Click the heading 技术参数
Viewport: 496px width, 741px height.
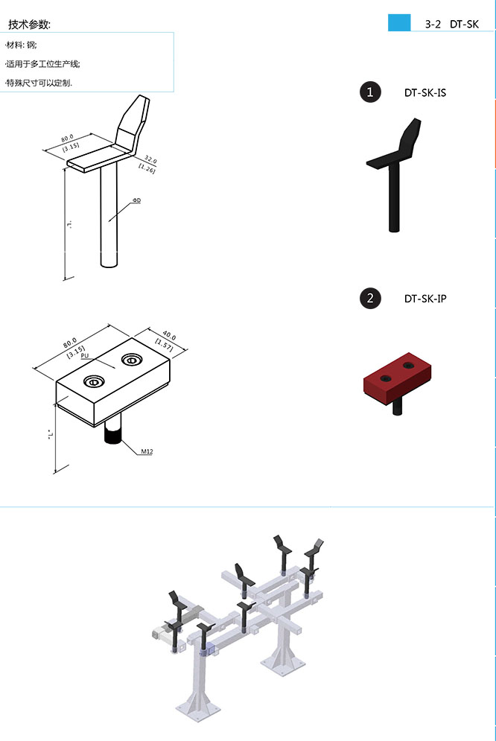click(29, 25)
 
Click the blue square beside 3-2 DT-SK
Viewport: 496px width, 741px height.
click(399, 22)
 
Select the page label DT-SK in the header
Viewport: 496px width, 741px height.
click(464, 24)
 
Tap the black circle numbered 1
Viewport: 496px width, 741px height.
click(370, 92)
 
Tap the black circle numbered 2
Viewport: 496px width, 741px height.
click(370, 298)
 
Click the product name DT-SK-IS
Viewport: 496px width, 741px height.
click(425, 92)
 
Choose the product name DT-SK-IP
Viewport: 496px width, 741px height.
click(425, 299)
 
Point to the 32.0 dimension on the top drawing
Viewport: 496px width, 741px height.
click(150, 159)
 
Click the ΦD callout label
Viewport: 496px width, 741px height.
click(136, 200)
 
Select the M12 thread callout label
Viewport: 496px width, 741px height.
click(147, 451)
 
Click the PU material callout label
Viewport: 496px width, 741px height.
click(85, 355)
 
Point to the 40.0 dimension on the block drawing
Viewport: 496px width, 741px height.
click(169, 336)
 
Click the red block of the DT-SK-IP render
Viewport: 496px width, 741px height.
click(397, 376)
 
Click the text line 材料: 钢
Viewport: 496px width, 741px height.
click(21, 45)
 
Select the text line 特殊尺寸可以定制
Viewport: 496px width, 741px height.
click(38, 83)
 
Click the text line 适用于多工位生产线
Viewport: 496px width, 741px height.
click(42, 64)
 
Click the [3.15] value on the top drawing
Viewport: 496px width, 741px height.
click(71, 147)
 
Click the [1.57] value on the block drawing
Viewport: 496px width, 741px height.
click(164, 345)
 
